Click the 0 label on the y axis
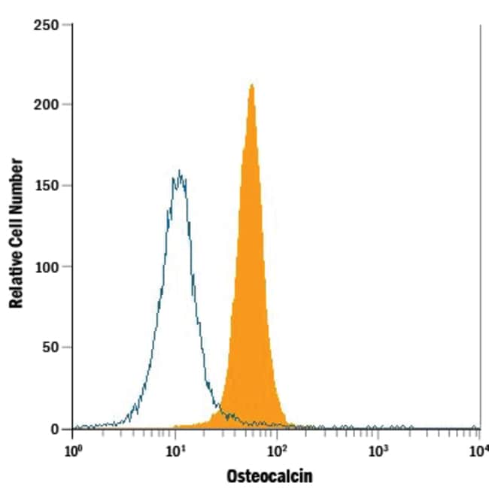pos(56,429)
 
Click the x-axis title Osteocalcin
pos(269,476)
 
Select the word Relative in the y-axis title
pos(16,278)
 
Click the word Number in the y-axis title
pos(16,185)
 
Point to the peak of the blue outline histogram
pos(178,172)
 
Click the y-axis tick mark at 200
pos(69,104)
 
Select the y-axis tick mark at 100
pos(69,266)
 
